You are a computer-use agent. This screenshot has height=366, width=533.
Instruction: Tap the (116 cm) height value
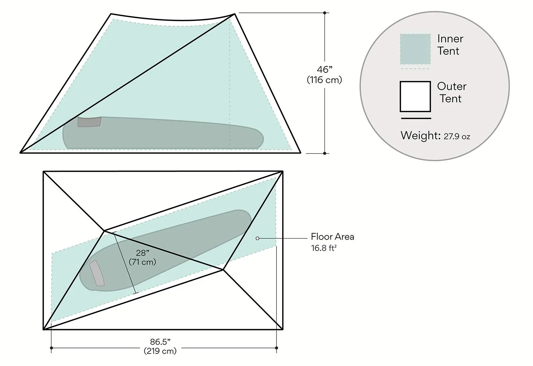[x=324, y=80]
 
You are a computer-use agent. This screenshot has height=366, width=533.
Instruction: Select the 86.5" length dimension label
[x=160, y=342]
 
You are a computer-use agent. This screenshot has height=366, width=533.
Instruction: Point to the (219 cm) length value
[x=160, y=351]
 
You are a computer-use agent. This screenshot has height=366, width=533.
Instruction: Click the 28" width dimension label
[x=142, y=253]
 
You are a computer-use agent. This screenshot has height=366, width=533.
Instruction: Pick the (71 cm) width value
[x=142, y=262]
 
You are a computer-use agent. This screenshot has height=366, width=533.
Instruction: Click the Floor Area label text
[x=332, y=237]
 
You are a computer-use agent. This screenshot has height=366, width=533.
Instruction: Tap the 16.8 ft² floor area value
[x=324, y=248]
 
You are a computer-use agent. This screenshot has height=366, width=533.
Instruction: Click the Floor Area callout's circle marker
[x=258, y=238]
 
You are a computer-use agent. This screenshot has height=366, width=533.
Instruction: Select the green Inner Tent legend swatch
[x=415, y=49]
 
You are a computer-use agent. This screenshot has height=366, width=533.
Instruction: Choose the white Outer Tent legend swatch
[x=415, y=96]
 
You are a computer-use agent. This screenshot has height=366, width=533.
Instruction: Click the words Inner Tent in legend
[x=450, y=45]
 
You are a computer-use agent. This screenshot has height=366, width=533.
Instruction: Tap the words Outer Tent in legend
[x=451, y=92]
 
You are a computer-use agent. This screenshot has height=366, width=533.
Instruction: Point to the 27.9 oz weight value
[x=457, y=136]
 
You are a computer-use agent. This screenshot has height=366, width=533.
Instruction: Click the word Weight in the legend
[x=420, y=136]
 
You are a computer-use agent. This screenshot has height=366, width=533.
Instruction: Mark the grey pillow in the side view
[x=90, y=122]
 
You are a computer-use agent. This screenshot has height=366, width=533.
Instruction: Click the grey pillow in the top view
[x=97, y=273]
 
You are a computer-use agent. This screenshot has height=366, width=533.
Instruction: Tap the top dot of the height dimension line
[x=325, y=13]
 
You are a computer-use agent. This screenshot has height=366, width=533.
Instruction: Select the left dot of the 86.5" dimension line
[x=52, y=348]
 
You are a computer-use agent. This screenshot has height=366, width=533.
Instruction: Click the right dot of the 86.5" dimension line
[x=277, y=348]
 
